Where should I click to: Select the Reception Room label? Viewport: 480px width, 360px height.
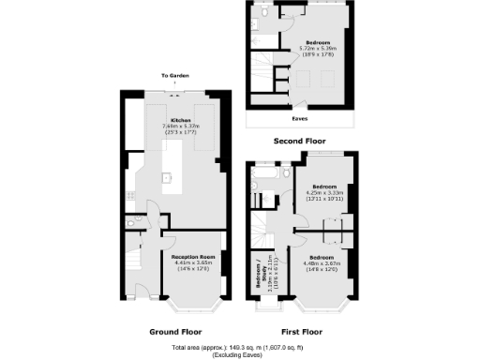194,256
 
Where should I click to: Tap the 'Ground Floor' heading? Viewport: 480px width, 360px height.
176,331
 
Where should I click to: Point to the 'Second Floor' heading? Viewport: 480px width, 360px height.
299,141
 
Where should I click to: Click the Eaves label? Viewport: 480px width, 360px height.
301,119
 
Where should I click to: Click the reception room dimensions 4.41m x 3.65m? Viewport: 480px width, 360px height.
194,262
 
